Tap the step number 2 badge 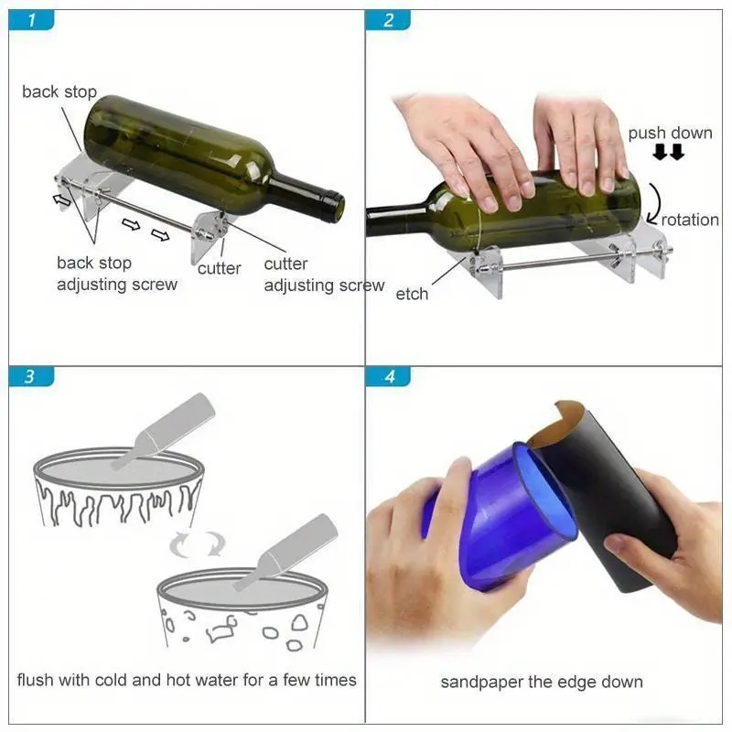tap(388, 20)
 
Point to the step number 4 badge tap(388, 377)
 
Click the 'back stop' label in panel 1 tap(59, 91)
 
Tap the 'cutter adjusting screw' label tap(324, 274)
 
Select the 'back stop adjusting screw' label tap(117, 274)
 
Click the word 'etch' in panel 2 tap(412, 294)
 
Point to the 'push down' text tap(670, 134)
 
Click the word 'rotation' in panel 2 tap(690, 220)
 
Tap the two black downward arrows tap(668, 153)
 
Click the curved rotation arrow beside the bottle tap(653, 200)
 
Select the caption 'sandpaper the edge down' tap(542, 682)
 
